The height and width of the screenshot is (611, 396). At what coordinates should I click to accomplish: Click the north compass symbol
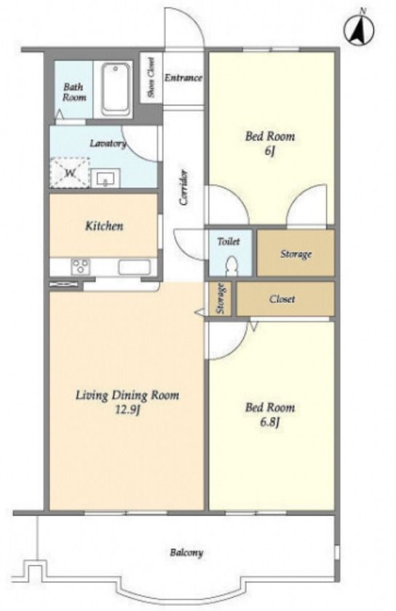tap(359, 28)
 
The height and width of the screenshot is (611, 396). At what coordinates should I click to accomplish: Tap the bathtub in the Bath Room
tap(116, 89)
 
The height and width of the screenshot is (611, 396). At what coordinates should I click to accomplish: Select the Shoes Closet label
tap(151, 77)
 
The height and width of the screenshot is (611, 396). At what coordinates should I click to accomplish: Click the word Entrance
tap(183, 77)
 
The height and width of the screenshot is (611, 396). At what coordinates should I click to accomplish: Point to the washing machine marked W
tap(70, 173)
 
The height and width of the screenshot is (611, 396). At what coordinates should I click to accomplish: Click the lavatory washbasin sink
tap(106, 178)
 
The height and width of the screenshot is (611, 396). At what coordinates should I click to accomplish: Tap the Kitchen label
tap(104, 225)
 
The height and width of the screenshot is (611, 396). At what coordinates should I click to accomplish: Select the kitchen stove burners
tap(81, 267)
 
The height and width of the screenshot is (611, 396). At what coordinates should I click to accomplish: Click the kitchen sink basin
tap(134, 268)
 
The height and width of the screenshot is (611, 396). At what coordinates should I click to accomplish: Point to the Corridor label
tap(183, 187)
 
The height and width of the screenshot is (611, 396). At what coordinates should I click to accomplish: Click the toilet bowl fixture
tap(231, 265)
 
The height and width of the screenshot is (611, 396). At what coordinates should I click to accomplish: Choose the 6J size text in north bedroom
tap(269, 150)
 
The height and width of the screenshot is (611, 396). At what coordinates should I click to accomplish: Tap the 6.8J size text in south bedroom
tap(269, 422)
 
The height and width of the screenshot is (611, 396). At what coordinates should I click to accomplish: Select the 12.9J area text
tap(127, 410)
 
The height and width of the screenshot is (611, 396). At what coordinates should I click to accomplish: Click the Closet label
tap(282, 299)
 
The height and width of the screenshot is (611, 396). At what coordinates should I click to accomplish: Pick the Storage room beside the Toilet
tap(296, 253)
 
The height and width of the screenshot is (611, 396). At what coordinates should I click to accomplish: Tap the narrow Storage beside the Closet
tap(221, 298)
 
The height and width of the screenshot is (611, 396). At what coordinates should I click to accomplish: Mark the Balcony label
tap(186, 553)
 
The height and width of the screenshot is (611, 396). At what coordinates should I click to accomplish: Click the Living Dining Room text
tap(127, 395)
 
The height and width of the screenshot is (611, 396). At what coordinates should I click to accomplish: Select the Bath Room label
tap(74, 92)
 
